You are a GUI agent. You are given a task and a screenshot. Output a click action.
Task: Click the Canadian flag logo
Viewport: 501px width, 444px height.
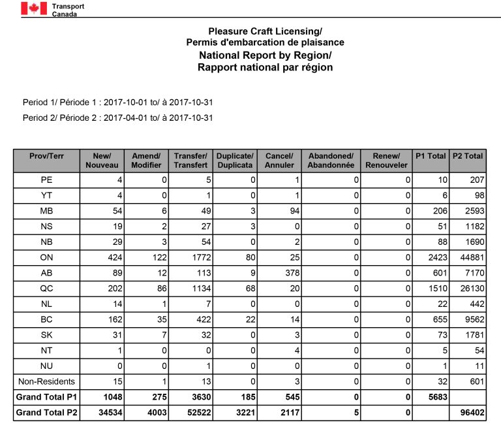33,8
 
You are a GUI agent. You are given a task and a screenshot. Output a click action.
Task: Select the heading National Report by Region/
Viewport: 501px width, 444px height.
265,55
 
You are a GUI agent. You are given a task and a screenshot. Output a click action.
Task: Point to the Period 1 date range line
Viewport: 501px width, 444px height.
119,103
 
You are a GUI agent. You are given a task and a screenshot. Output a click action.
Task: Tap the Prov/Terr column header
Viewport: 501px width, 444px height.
46,156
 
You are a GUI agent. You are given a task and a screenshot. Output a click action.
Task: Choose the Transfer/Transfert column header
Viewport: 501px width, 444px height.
190,161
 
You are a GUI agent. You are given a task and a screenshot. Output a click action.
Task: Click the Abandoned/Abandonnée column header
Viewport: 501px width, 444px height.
331,161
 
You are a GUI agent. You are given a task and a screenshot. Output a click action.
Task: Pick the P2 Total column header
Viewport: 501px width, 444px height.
467,156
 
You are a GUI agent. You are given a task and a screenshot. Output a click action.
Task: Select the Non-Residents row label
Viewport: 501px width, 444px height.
46,381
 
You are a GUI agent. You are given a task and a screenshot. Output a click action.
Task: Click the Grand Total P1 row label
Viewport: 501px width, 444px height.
46,397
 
